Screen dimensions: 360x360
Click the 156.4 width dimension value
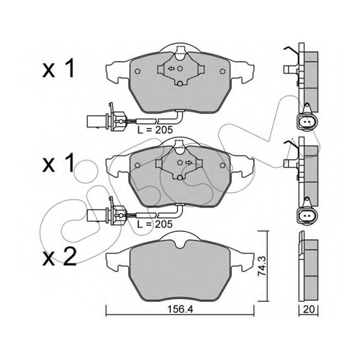click(x=180, y=310)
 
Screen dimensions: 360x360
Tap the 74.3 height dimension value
click(x=262, y=266)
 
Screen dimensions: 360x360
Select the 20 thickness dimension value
click(x=309, y=310)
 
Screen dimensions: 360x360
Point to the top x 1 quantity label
click(x=58, y=68)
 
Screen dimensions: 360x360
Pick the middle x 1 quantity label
click(x=58, y=163)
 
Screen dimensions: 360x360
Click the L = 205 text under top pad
click(x=155, y=130)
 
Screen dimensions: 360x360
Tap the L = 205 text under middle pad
click(x=155, y=224)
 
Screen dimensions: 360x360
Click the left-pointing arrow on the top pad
click(x=171, y=68)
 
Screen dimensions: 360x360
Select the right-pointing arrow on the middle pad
click(x=189, y=163)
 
